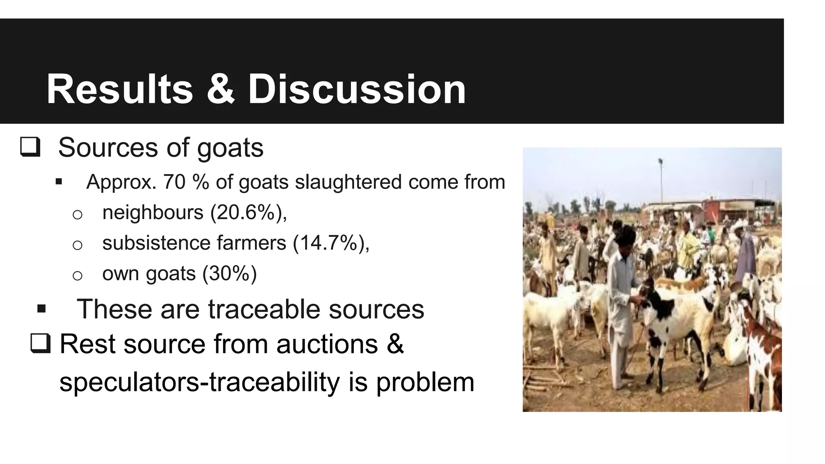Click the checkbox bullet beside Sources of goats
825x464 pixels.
click(30, 147)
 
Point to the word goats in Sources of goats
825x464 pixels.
click(230, 148)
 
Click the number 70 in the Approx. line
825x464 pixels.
click(174, 182)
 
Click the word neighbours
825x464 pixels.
click(153, 212)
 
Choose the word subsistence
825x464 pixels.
click(156, 243)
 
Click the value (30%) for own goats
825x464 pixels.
click(230, 273)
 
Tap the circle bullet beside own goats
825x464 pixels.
click(77, 275)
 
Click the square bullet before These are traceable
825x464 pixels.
click(41, 309)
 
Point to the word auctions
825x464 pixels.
click(327, 344)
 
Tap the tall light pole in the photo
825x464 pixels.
click(661, 181)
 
